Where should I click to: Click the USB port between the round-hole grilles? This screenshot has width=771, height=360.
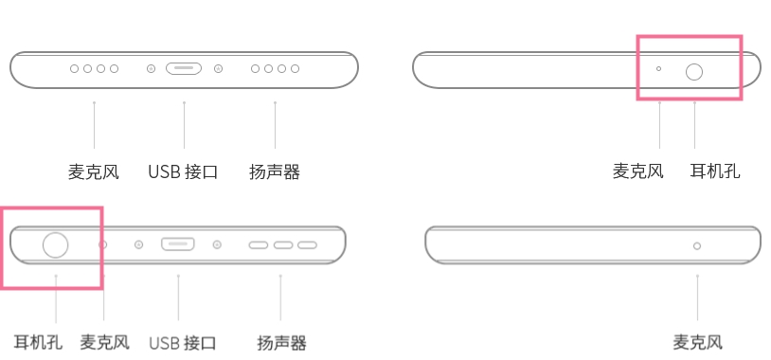(x=184, y=69)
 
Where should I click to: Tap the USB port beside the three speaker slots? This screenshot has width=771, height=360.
(x=177, y=244)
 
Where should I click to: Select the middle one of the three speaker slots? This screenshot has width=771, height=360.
(x=283, y=245)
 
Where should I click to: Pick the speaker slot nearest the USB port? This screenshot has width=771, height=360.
(x=259, y=245)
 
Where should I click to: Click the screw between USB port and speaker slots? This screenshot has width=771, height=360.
(x=218, y=244)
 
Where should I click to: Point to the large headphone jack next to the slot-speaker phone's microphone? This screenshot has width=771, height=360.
(x=56, y=244)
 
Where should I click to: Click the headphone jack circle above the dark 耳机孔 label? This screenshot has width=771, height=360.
(x=694, y=71)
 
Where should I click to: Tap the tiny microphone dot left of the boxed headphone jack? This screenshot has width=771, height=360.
(x=659, y=69)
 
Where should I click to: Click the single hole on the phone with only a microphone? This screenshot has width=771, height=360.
(x=697, y=245)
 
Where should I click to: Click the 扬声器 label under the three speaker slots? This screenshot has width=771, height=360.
(x=281, y=342)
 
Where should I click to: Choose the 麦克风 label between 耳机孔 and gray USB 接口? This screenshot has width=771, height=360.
(x=104, y=342)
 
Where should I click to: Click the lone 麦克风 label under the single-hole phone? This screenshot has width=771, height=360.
(x=697, y=342)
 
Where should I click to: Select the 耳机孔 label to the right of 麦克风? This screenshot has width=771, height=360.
(x=715, y=171)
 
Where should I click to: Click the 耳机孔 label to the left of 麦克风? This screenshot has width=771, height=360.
(x=38, y=342)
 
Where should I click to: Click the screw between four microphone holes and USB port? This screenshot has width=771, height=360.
(x=151, y=69)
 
